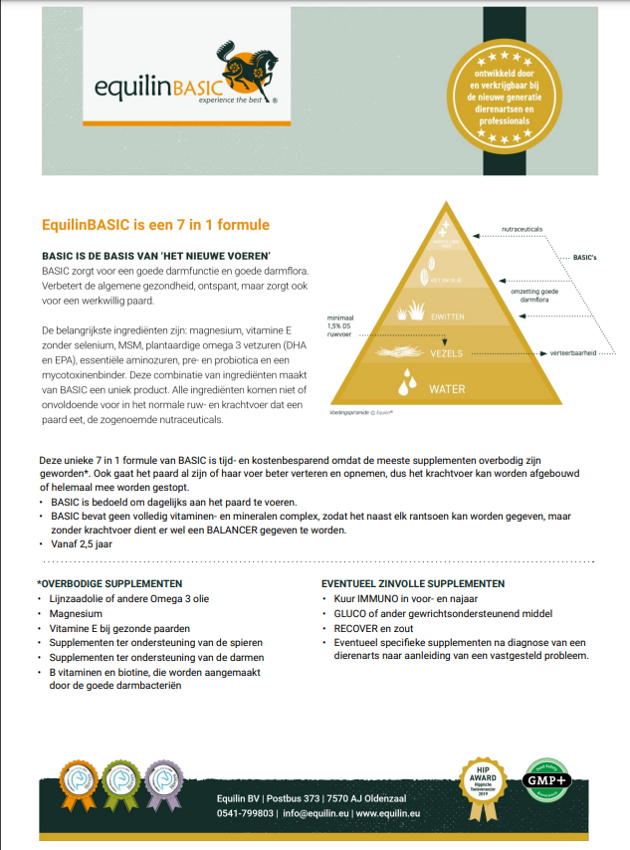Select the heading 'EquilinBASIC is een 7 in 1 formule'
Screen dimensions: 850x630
156,226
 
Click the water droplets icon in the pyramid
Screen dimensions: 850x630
407,383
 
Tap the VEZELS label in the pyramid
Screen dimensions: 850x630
448,352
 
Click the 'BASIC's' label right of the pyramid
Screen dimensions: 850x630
585,258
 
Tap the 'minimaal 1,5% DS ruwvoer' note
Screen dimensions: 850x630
340,327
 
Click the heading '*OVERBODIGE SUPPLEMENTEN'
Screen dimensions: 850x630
109,583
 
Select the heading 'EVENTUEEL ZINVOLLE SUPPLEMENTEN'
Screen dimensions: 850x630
412,583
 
